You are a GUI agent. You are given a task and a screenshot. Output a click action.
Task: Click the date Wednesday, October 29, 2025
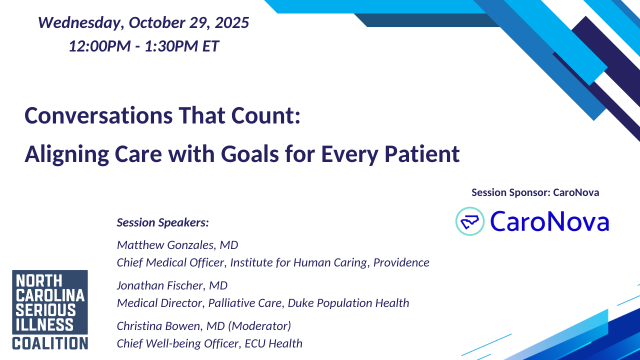click(x=143, y=23)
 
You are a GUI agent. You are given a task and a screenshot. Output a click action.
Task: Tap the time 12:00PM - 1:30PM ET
click(x=143, y=46)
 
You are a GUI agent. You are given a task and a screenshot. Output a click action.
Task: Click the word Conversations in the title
click(x=98, y=115)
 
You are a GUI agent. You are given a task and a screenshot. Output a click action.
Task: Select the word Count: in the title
click(x=265, y=115)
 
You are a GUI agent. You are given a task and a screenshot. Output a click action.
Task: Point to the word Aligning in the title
click(x=67, y=154)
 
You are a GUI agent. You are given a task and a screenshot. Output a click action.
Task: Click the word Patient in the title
click(x=422, y=154)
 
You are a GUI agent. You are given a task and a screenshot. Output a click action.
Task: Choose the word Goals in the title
click(x=249, y=154)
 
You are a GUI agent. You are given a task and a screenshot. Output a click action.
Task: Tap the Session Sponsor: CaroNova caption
click(x=535, y=192)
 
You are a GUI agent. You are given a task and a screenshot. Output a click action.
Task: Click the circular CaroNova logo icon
click(x=469, y=221)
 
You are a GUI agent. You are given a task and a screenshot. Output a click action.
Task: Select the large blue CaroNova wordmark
click(x=549, y=221)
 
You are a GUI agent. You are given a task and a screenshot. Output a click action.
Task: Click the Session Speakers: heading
click(x=163, y=222)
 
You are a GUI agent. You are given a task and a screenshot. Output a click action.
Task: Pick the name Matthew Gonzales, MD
click(x=177, y=245)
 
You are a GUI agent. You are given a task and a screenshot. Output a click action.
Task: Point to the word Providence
click(x=401, y=262)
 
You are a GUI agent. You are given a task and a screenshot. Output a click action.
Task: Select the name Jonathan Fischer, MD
click(x=172, y=285)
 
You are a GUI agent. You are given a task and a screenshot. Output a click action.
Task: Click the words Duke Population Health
click(x=348, y=303)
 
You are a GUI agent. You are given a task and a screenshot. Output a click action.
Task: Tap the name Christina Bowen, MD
click(x=171, y=326)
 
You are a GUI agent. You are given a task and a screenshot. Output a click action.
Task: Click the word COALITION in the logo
click(x=50, y=343)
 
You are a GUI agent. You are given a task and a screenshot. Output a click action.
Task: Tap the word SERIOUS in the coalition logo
click(x=45, y=310)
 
